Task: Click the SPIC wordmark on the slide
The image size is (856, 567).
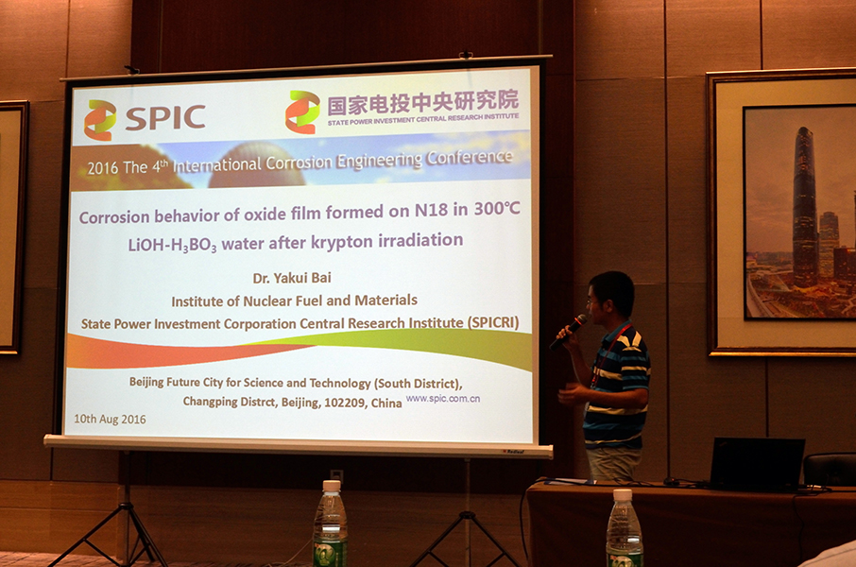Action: click(165, 117)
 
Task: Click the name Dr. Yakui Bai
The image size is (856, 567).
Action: click(292, 278)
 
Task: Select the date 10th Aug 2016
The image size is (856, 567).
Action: click(110, 419)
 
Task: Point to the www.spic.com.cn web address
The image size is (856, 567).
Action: click(443, 398)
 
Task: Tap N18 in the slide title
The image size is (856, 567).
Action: click(431, 211)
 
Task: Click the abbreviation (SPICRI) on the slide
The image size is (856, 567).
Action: click(493, 322)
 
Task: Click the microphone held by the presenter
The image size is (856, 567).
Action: click(568, 331)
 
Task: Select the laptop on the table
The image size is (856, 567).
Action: click(757, 463)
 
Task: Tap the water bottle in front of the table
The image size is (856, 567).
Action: click(624, 528)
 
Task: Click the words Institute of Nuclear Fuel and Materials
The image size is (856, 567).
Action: click(294, 301)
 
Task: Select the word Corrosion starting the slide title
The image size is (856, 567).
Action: click(114, 216)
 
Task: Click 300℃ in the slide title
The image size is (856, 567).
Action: click(497, 208)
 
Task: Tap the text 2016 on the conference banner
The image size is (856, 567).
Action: click(103, 168)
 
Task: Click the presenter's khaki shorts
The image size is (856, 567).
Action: click(613, 464)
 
